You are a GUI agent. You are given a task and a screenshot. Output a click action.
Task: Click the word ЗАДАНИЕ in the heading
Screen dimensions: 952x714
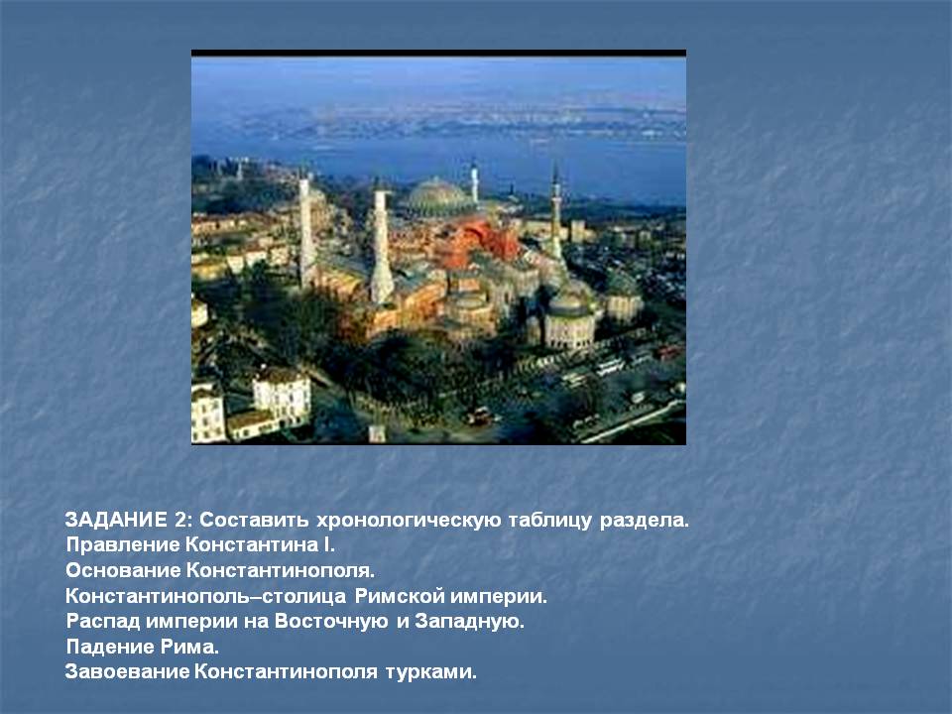(115, 520)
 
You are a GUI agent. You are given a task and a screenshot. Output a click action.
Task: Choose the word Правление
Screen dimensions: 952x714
(123, 544)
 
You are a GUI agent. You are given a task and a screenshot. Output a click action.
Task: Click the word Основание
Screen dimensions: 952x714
(123, 570)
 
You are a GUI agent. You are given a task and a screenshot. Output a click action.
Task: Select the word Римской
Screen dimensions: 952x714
(399, 596)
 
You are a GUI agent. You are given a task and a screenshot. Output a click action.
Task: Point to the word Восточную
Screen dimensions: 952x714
(331, 621)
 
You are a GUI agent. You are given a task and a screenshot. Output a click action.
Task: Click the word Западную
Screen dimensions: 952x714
(469, 621)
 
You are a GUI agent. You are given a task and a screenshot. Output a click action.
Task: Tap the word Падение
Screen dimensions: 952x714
(110, 647)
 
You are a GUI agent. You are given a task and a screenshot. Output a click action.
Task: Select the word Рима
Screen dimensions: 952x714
(189, 647)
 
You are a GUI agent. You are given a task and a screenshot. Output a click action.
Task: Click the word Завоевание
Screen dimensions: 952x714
(128, 671)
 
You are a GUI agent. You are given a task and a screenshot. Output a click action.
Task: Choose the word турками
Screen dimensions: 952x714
(430, 672)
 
